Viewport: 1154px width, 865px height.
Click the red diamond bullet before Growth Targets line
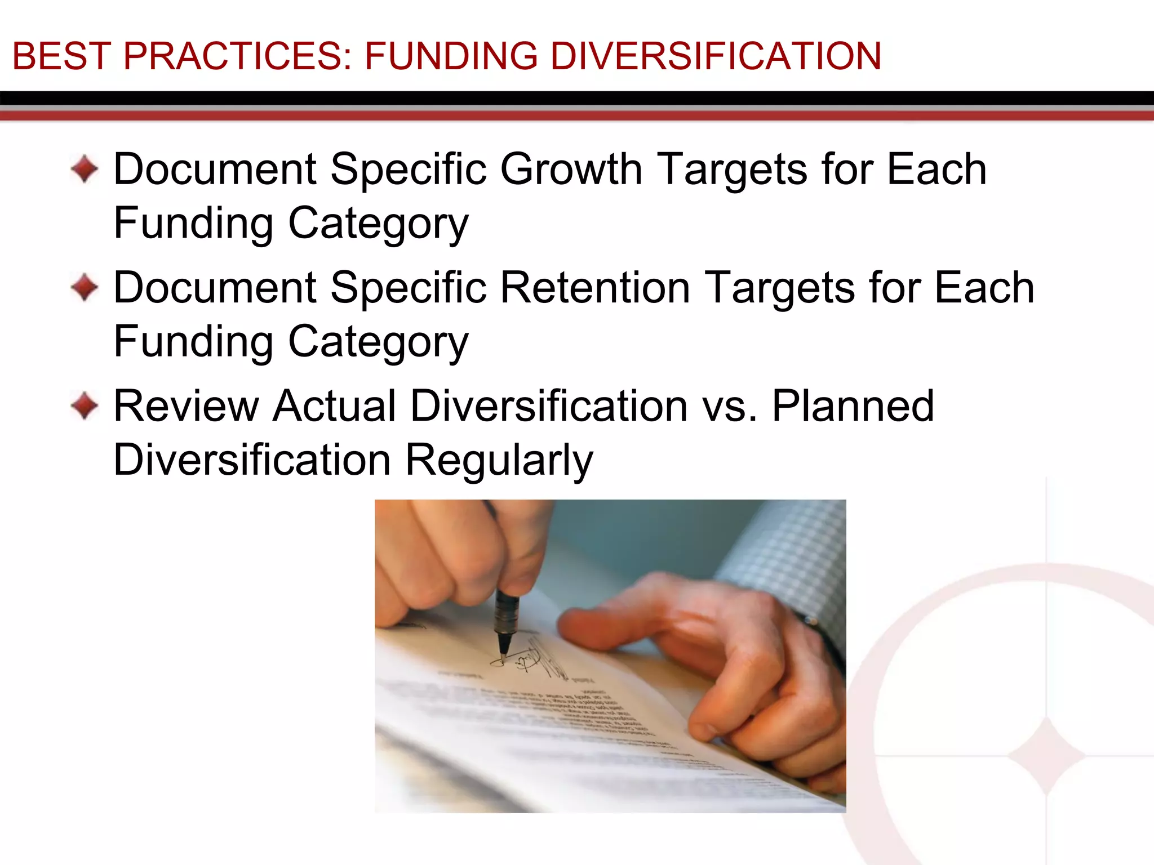[x=85, y=169]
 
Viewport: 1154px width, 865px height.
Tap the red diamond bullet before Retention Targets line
[x=85, y=287]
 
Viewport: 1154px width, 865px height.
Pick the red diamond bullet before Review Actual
[x=85, y=405]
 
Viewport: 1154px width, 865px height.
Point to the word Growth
[x=571, y=169]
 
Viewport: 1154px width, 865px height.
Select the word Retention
[x=594, y=287]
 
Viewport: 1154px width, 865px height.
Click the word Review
[x=186, y=405]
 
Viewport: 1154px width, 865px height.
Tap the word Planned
[x=853, y=405]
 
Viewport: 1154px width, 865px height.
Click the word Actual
[x=335, y=405]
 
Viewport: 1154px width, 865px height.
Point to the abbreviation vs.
[x=729, y=407]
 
